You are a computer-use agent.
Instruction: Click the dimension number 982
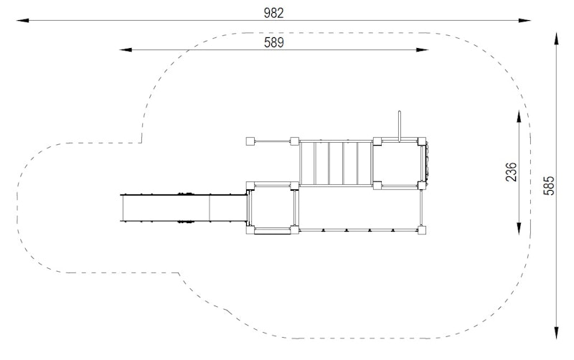coord(273,13)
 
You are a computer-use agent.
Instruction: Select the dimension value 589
coord(274,43)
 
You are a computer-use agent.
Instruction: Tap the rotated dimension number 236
coord(511,172)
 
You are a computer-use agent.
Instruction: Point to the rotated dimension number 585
coord(549,186)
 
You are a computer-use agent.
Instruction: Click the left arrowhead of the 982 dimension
coord(23,21)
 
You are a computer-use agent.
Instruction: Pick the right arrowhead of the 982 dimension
coord(524,21)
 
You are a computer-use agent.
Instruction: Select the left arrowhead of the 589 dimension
coord(126,49)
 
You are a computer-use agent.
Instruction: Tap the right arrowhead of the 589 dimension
coord(422,49)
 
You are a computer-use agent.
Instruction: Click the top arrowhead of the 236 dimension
coord(519,116)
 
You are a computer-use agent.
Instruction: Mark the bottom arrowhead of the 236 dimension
coord(519,228)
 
